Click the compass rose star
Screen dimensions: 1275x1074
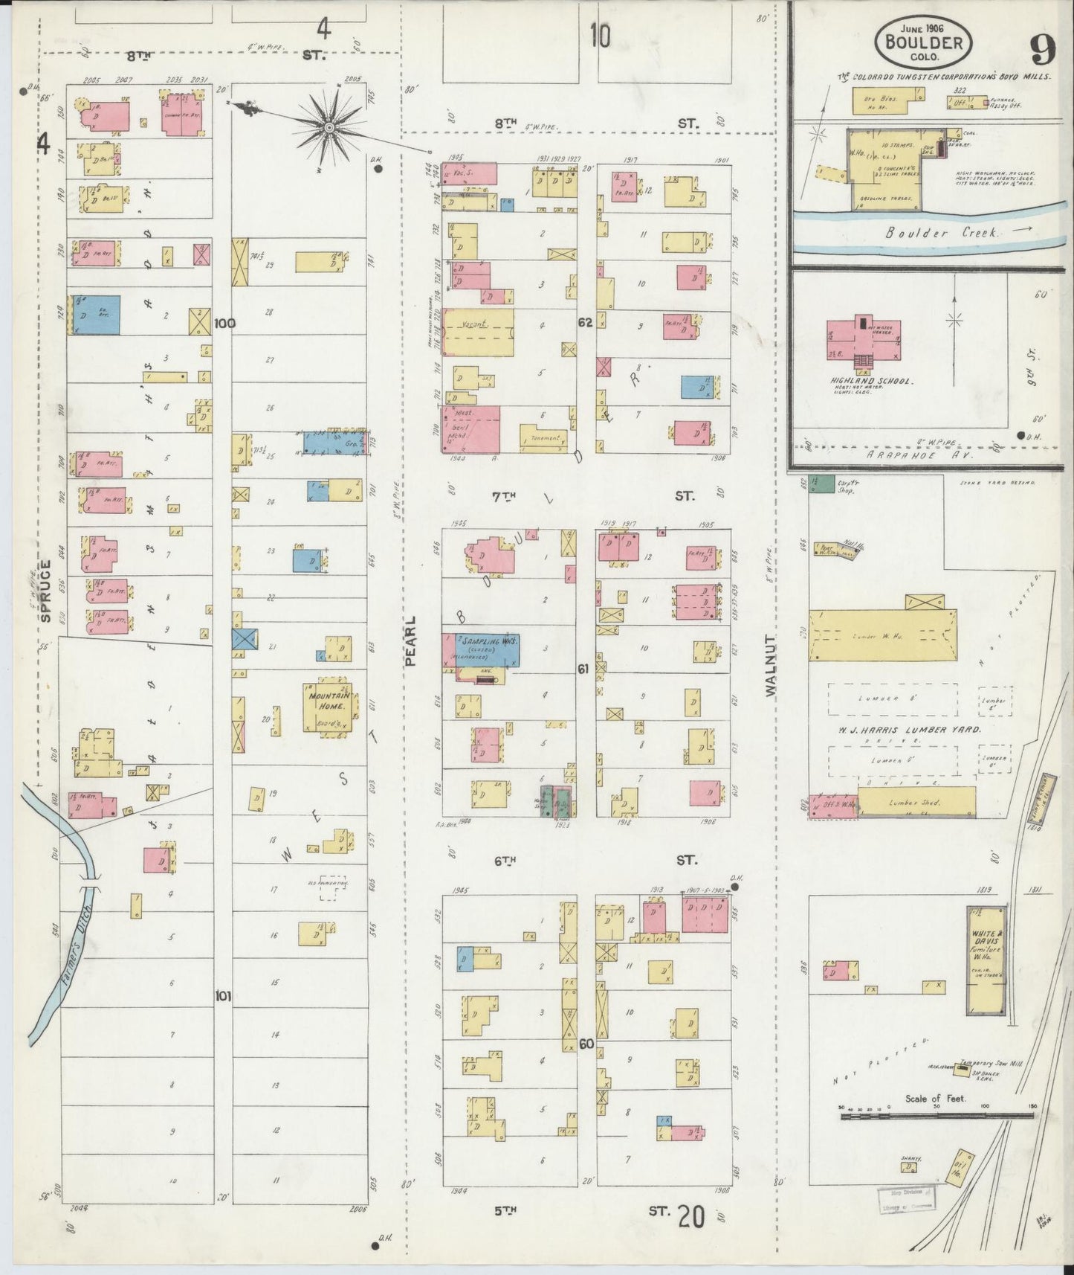click(328, 129)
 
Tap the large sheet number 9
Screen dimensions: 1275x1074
click(1044, 51)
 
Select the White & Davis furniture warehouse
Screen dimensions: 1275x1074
click(986, 960)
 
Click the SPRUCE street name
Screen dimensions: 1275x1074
click(46, 591)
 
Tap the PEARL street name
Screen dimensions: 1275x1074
click(411, 640)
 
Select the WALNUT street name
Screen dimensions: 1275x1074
click(770, 666)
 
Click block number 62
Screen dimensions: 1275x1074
click(586, 322)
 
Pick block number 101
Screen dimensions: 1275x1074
click(223, 995)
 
